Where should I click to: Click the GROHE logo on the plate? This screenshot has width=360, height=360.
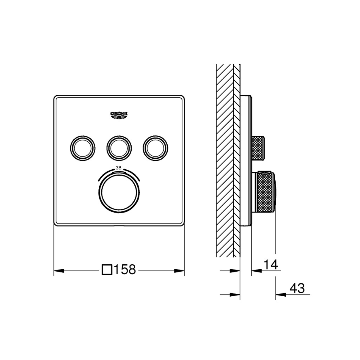tap(119, 115)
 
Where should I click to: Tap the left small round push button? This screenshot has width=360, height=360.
tap(83, 148)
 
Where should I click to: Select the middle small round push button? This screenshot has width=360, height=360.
tap(119, 148)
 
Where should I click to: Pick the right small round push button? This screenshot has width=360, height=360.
tap(155, 148)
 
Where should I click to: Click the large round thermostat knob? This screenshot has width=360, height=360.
tap(119, 192)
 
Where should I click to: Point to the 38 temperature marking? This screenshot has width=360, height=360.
tap(118, 168)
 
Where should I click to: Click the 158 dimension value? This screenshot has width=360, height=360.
tap(125, 269)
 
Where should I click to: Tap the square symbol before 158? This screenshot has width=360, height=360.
tap(107, 270)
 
